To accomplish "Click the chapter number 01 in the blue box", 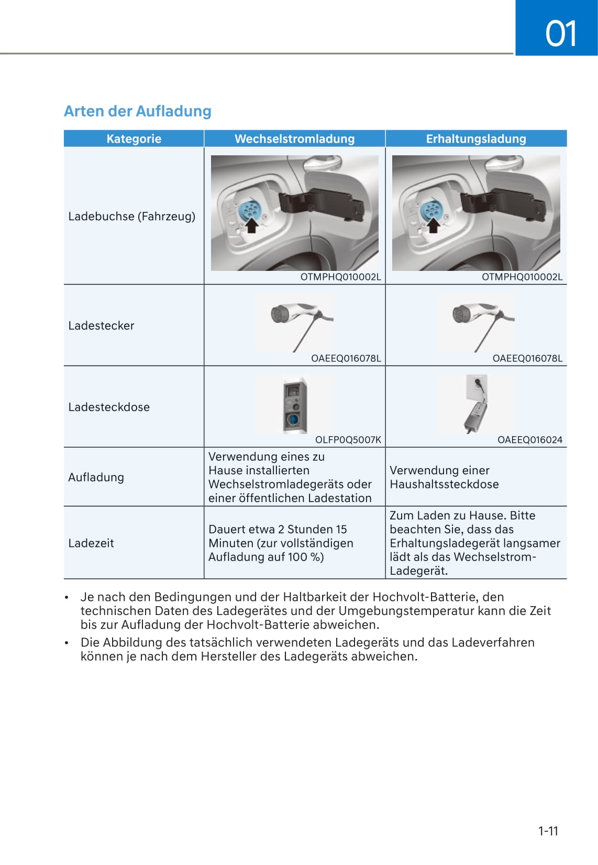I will point(560,33).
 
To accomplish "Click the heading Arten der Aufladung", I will point(138,111).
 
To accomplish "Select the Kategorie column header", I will point(134,139).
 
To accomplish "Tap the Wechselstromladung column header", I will point(294,139).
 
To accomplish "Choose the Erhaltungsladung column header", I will point(475,139).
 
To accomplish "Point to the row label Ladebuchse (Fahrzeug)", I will point(131,216).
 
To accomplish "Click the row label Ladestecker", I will point(101,325).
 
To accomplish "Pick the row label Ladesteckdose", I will point(109,407).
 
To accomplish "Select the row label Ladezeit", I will point(91,543).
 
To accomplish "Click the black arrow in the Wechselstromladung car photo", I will point(252,225).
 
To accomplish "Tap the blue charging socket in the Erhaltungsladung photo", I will point(430,210).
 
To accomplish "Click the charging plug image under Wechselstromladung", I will point(294,320).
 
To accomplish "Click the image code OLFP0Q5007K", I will point(348,440).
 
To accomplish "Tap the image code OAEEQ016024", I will point(529,440).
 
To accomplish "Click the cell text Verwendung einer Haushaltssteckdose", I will point(444,477).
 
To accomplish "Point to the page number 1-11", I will point(548,831).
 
